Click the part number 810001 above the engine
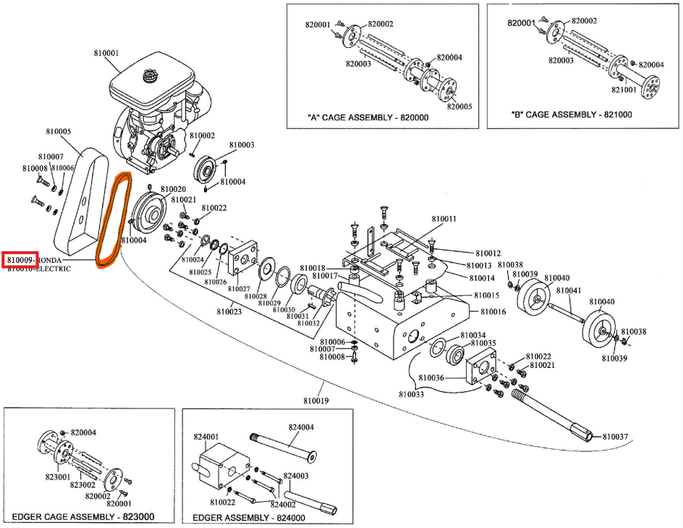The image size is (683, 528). click(x=106, y=53)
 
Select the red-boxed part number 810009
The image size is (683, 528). click(x=20, y=259)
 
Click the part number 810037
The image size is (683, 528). click(x=617, y=437)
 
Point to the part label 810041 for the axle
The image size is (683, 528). click(x=567, y=291)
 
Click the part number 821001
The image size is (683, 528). click(x=624, y=90)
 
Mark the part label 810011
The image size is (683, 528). click(x=444, y=218)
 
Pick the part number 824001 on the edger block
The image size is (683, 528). click(x=205, y=437)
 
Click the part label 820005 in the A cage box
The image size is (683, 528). click(x=459, y=106)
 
